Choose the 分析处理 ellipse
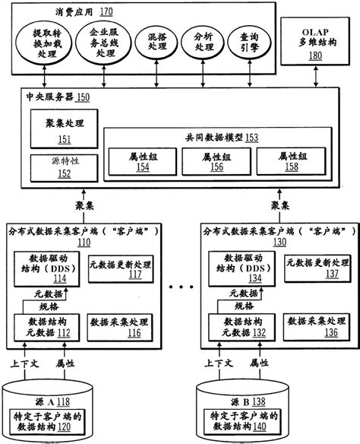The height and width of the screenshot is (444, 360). click(204, 43)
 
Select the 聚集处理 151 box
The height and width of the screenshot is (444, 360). click(59, 129)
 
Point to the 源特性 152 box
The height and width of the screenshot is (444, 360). click(59, 167)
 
